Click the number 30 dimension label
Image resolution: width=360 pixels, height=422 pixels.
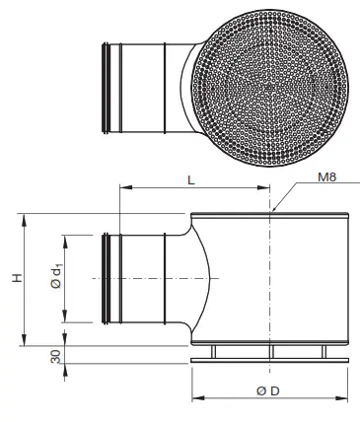(x=14, y=355)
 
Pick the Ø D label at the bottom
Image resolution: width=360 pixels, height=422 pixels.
(x=268, y=390)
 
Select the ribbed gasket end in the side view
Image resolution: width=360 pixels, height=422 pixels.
(x=107, y=279)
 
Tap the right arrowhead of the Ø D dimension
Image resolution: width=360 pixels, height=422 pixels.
(x=345, y=398)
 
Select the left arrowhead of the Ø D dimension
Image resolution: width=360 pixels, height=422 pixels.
(x=194, y=398)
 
